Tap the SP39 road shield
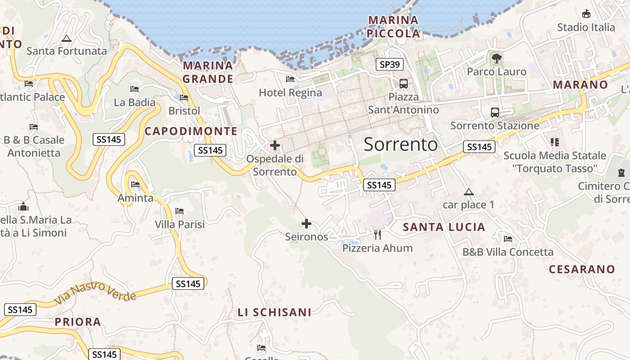[389, 64]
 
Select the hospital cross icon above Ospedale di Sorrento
[275, 145]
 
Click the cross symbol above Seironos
[306, 223]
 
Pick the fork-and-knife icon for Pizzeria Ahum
[378, 234]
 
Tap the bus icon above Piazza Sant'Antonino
[404, 83]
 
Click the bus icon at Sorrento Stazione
[495, 112]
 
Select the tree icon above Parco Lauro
[497, 58]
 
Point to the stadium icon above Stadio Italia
[586, 14]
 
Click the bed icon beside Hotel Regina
[290, 79]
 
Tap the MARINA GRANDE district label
[208, 72]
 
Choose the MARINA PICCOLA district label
[393, 27]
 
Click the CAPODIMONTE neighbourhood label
[191, 131]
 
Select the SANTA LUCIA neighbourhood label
[444, 227]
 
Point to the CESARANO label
[582, 269]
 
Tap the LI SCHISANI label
[274, 312]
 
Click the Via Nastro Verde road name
[95, 293]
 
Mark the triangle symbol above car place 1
[469, 192]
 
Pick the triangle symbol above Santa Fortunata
[67, 38]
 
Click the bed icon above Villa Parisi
[180, 211]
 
